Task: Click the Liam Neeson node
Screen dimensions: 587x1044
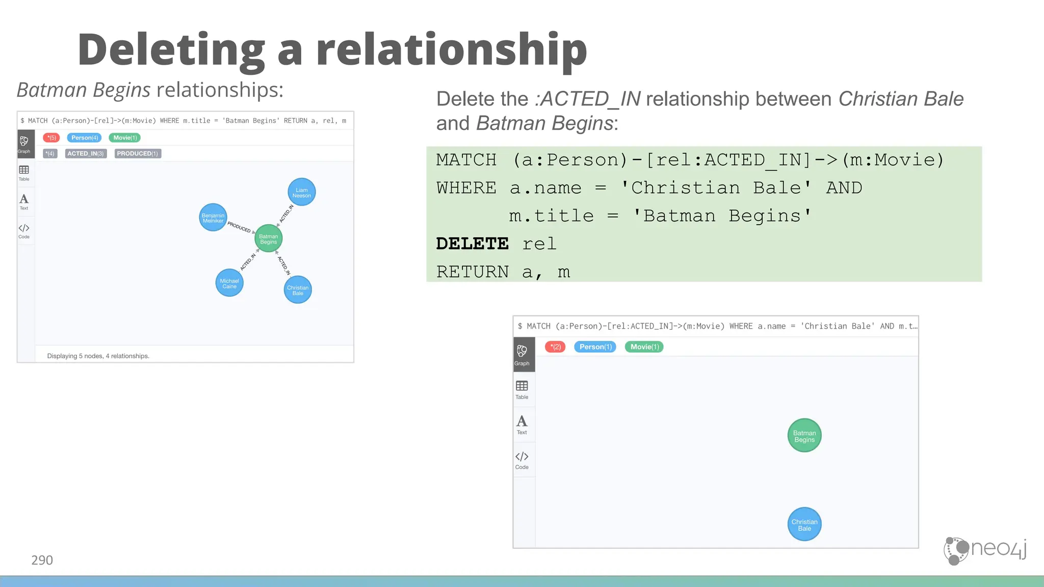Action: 302,192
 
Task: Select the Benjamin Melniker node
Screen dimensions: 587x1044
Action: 213,218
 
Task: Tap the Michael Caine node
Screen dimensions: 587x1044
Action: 229,283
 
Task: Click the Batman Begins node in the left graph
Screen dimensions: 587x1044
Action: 269,238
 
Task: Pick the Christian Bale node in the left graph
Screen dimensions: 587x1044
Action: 298,290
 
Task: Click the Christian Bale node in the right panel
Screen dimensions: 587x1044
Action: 804,524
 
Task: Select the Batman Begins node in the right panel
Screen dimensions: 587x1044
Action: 804,436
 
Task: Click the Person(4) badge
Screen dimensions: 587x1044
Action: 85,138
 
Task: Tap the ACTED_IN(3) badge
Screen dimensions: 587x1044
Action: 86,153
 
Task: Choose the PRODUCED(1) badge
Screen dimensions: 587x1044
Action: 138,153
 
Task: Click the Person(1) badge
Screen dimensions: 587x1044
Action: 595,347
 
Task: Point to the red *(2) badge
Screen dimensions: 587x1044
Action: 555,347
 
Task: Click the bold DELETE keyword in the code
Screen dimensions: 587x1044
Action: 473,244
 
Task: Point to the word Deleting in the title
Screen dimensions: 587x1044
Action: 171,50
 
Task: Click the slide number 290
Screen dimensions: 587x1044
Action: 42,560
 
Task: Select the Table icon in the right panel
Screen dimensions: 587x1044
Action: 522,389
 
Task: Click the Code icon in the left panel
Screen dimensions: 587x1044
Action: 24,231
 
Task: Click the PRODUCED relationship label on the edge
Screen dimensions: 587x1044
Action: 239,227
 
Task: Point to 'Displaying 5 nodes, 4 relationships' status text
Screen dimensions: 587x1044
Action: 98,356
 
